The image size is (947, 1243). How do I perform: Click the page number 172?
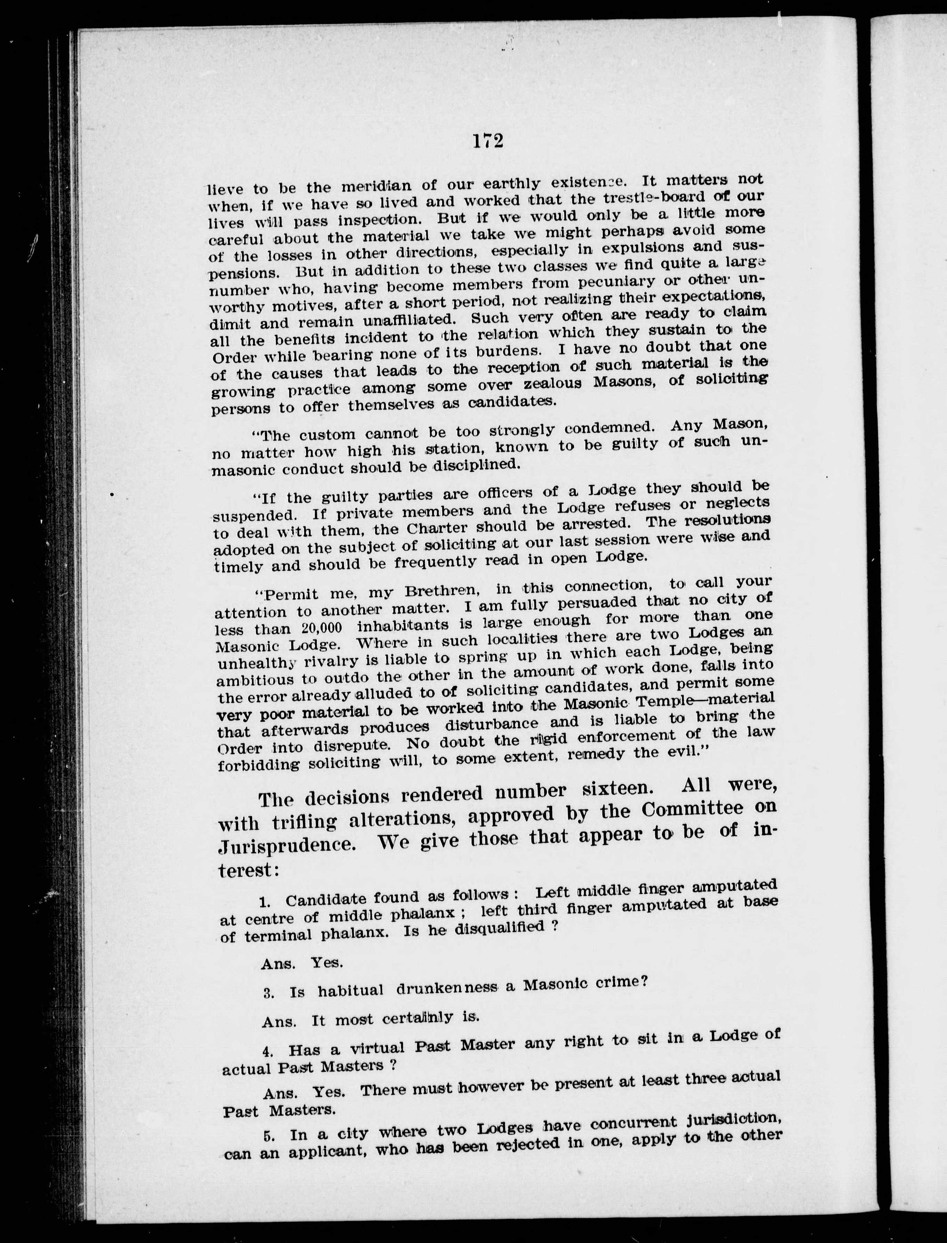pyautogui.click(x=488, y=141)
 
